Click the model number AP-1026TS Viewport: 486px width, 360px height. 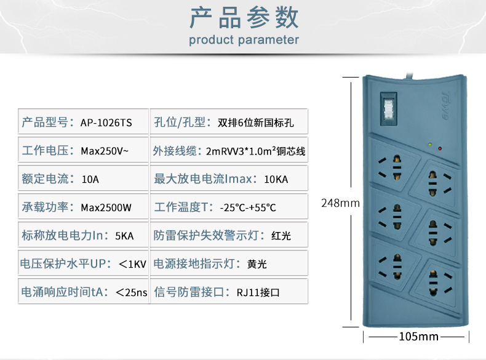[106, 123]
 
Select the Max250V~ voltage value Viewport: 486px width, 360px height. [105, 151]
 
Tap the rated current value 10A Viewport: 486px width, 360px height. [90, 179]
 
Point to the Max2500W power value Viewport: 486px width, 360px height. [106, 207]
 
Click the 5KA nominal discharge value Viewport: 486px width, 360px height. [124, 236]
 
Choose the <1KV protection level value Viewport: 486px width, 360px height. [132, 264]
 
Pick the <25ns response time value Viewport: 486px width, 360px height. [132, 292]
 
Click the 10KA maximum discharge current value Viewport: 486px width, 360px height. [276, 179]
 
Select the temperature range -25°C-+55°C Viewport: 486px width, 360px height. [248, 207]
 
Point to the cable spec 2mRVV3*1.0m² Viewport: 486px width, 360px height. [241, 151]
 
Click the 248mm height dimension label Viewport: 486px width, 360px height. [340, 203]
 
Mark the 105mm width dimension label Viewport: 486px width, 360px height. [418, 337]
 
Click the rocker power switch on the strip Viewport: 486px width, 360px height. [388, 108]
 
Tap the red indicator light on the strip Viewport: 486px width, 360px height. [439, 149]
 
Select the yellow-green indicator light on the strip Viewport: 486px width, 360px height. [429, 145]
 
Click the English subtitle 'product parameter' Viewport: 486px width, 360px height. [244, 40]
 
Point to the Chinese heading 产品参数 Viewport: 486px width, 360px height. [244, 18]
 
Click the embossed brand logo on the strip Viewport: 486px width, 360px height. [445, 106]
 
